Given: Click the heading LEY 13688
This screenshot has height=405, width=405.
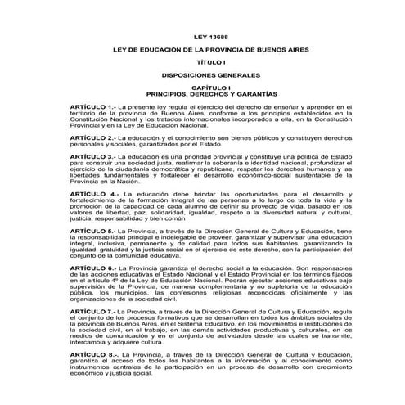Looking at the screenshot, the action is click(202, 39).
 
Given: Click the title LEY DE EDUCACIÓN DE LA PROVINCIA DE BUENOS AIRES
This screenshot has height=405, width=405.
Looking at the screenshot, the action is click(202, 51).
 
